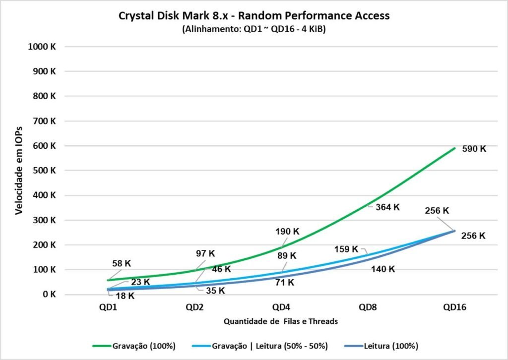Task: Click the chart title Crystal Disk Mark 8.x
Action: click(x=254, y=15)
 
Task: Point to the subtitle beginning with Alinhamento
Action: click(x=254, y=29)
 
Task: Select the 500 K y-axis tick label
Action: click(x=46, y=171)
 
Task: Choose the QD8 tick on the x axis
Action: click(x=368, y=307)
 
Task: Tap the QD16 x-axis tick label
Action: click(x=454, y=307)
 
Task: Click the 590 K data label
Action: click(x=474, y=149)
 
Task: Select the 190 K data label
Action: click(x=288, y=231)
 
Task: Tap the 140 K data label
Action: click(x=382, y=269)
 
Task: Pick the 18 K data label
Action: click(x=125, y=296)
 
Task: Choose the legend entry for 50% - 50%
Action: click(x=269, y=346)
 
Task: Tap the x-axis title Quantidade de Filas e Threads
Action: click(x=281, y=321)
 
